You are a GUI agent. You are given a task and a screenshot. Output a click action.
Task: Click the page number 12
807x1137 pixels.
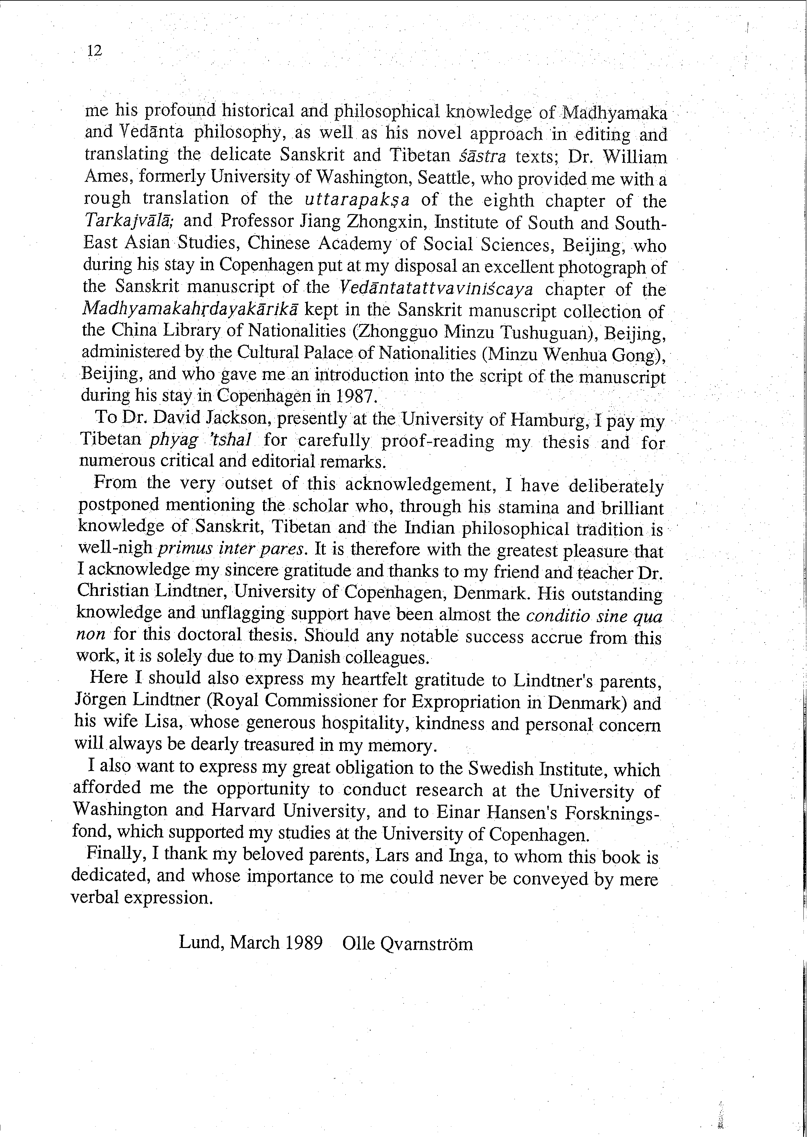click(94, 51)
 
